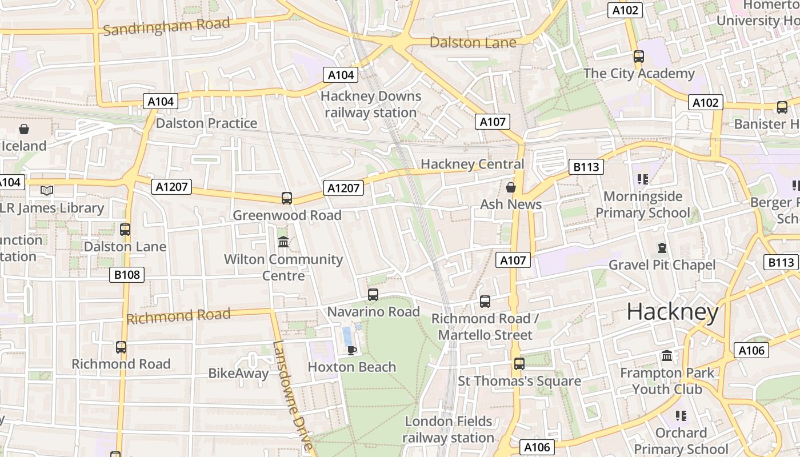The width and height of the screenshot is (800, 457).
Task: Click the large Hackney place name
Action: [673, 312]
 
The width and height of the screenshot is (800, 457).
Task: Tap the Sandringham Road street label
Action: [166, 26]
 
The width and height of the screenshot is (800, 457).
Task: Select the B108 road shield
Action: [127, 275]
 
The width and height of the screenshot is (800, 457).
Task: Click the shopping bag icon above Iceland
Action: [24, 129]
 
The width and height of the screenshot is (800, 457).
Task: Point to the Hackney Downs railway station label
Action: [371, 104]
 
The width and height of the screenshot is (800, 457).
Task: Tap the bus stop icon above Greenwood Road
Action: [287, 198]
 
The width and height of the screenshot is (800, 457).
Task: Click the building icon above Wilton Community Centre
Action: [283, 242]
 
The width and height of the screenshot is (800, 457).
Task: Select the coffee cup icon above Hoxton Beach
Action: [352, 350]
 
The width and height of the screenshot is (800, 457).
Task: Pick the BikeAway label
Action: [238, 374]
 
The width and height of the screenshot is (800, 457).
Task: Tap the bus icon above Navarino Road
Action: [373, 295]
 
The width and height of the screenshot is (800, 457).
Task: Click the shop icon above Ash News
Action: [511, 187]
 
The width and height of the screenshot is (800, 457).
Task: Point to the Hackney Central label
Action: [472, 165]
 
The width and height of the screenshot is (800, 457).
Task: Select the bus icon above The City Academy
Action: [639, 57]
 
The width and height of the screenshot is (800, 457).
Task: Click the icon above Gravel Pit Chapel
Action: [662, 248]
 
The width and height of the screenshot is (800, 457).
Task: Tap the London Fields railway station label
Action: [448, 430]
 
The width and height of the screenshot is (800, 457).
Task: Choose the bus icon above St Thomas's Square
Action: [519, 364]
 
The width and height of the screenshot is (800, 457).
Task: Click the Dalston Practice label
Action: [206, 123]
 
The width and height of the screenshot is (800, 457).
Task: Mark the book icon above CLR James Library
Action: [47, 191]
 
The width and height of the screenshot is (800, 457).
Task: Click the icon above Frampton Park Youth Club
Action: [667, 356]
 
